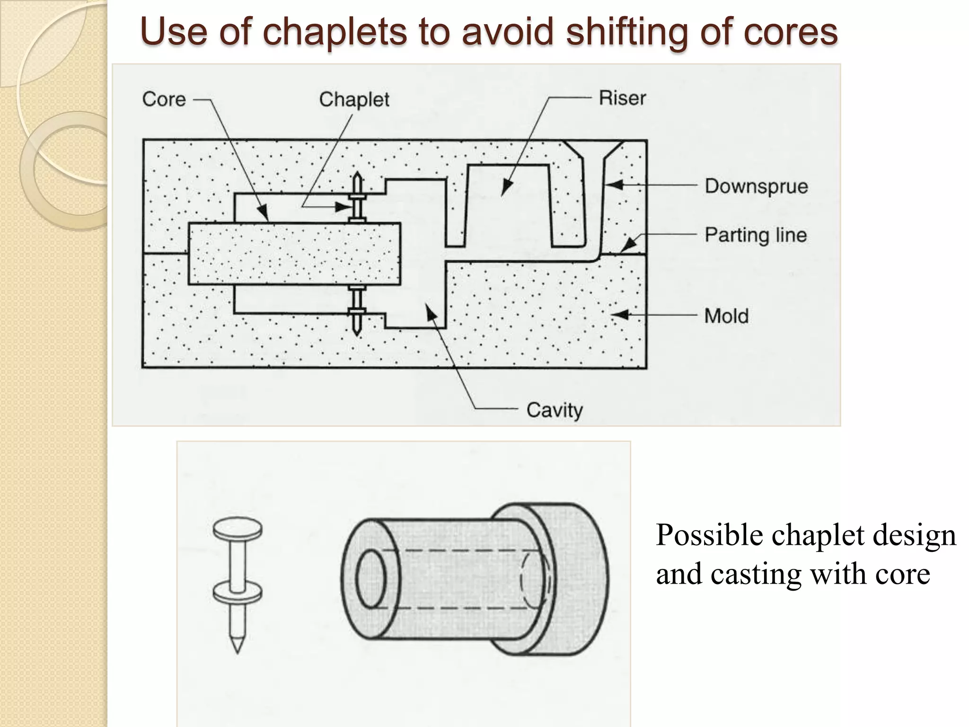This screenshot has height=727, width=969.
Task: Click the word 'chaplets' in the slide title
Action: click(334, 32)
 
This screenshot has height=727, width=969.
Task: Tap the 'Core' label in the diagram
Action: click(164, 99)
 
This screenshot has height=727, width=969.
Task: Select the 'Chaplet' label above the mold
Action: click(354, 100)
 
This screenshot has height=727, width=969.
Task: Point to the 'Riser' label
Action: click(622, 98)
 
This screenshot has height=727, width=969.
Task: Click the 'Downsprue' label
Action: click(756, 186)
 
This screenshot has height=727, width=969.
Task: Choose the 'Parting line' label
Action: click(755, 235)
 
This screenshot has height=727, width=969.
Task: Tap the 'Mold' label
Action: click(726, 316)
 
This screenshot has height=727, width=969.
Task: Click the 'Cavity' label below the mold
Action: click(554, 410)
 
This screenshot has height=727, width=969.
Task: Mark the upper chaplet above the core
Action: click(357, 198)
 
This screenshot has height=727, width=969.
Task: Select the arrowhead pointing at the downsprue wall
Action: click(613, 185)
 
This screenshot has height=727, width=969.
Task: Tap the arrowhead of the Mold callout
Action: click(620, 315)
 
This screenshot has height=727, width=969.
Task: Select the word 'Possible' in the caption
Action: click(709, 536)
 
